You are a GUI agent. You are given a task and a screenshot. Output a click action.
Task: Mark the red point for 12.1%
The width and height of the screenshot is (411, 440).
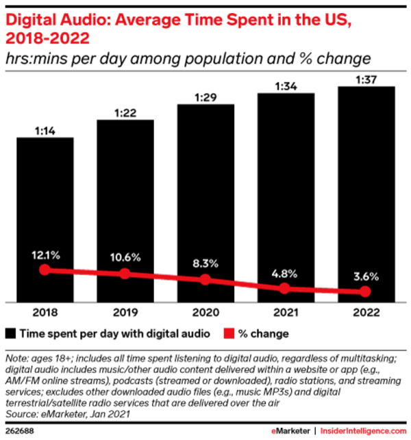coord(45,270)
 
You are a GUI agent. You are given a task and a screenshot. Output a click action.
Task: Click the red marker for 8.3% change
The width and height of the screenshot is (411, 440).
coord(206,279)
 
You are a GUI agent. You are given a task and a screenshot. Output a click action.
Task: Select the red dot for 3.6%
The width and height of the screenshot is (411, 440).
coord(366,292)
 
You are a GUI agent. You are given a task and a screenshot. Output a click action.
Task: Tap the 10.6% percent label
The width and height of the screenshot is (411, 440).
coord(125,257)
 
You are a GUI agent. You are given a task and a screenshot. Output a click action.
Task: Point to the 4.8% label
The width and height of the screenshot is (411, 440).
coord(286,273)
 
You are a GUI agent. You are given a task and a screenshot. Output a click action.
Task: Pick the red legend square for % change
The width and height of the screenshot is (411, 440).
coord(229,334)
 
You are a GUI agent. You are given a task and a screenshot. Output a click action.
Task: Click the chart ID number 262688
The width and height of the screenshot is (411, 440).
coord(18,431)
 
